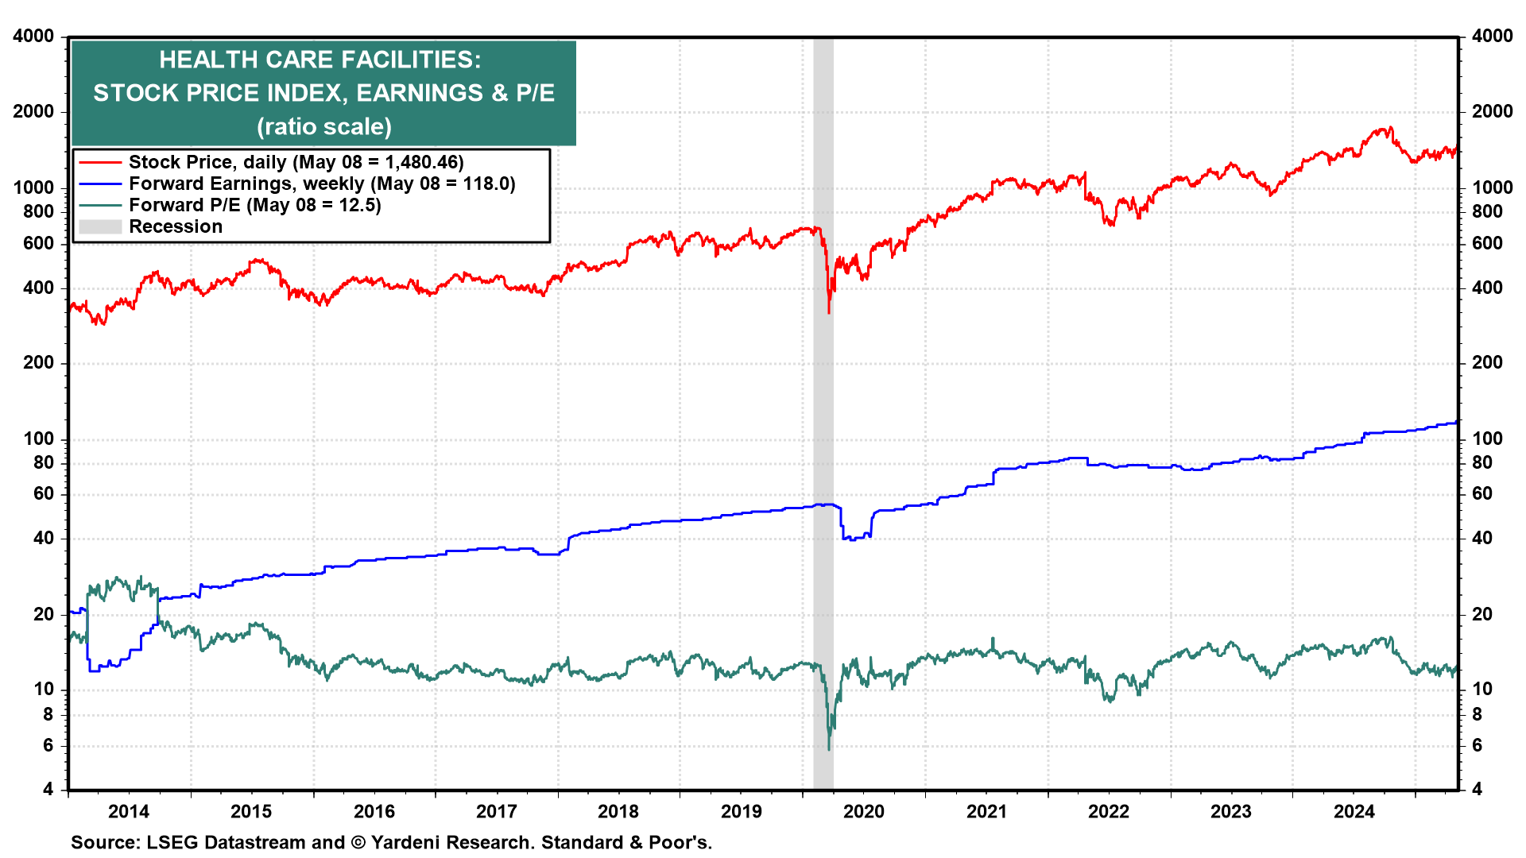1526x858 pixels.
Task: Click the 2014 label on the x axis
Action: point(128,811)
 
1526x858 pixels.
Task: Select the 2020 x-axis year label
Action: point(863,811)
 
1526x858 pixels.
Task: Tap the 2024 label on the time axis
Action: point(1354,811)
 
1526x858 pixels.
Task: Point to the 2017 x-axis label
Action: point(496,811)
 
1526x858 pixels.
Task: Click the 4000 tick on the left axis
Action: point(33,36)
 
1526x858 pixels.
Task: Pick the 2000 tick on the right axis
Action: point(1492,111)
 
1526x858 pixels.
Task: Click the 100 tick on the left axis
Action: point(39,439)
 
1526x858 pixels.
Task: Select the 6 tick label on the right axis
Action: point(1478,745)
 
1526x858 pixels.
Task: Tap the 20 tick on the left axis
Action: point(44,614)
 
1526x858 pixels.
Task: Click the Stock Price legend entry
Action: point(207,162)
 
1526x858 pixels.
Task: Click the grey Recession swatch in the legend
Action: point(100,226)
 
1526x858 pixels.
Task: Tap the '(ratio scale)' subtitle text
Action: point(324,126)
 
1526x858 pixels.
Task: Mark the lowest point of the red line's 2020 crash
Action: point(829,313)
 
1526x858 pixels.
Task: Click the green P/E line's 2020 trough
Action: point(829,749)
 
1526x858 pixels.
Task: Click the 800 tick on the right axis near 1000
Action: point(1486,211)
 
